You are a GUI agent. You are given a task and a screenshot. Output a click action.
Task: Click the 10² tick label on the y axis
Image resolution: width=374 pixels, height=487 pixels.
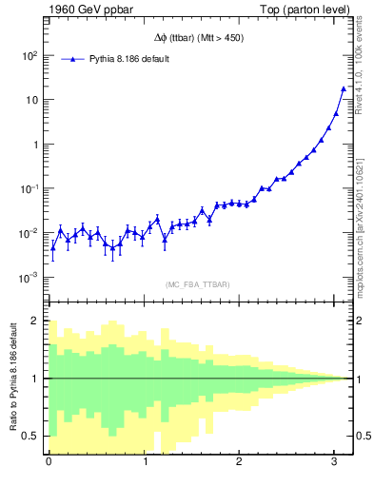(x=29, y=55)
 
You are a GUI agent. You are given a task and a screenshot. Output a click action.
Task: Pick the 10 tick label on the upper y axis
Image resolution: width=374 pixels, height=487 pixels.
(x=31, y=100)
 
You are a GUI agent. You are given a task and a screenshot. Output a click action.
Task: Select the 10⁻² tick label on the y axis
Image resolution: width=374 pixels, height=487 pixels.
(x=29, y=233)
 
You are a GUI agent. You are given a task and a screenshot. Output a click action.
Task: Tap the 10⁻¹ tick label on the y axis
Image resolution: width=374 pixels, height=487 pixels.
(x=29, y=188)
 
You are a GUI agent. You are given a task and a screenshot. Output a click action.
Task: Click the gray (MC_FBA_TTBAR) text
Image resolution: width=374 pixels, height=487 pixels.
(x=198, y=284)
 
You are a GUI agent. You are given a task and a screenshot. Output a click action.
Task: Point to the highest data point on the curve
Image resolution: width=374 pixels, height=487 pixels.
(x=344, y=89)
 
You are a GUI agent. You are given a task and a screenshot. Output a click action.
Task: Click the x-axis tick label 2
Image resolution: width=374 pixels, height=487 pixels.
(x=239, y=462)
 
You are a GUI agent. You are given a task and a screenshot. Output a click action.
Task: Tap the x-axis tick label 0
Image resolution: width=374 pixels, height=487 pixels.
(x=49, y=462)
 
